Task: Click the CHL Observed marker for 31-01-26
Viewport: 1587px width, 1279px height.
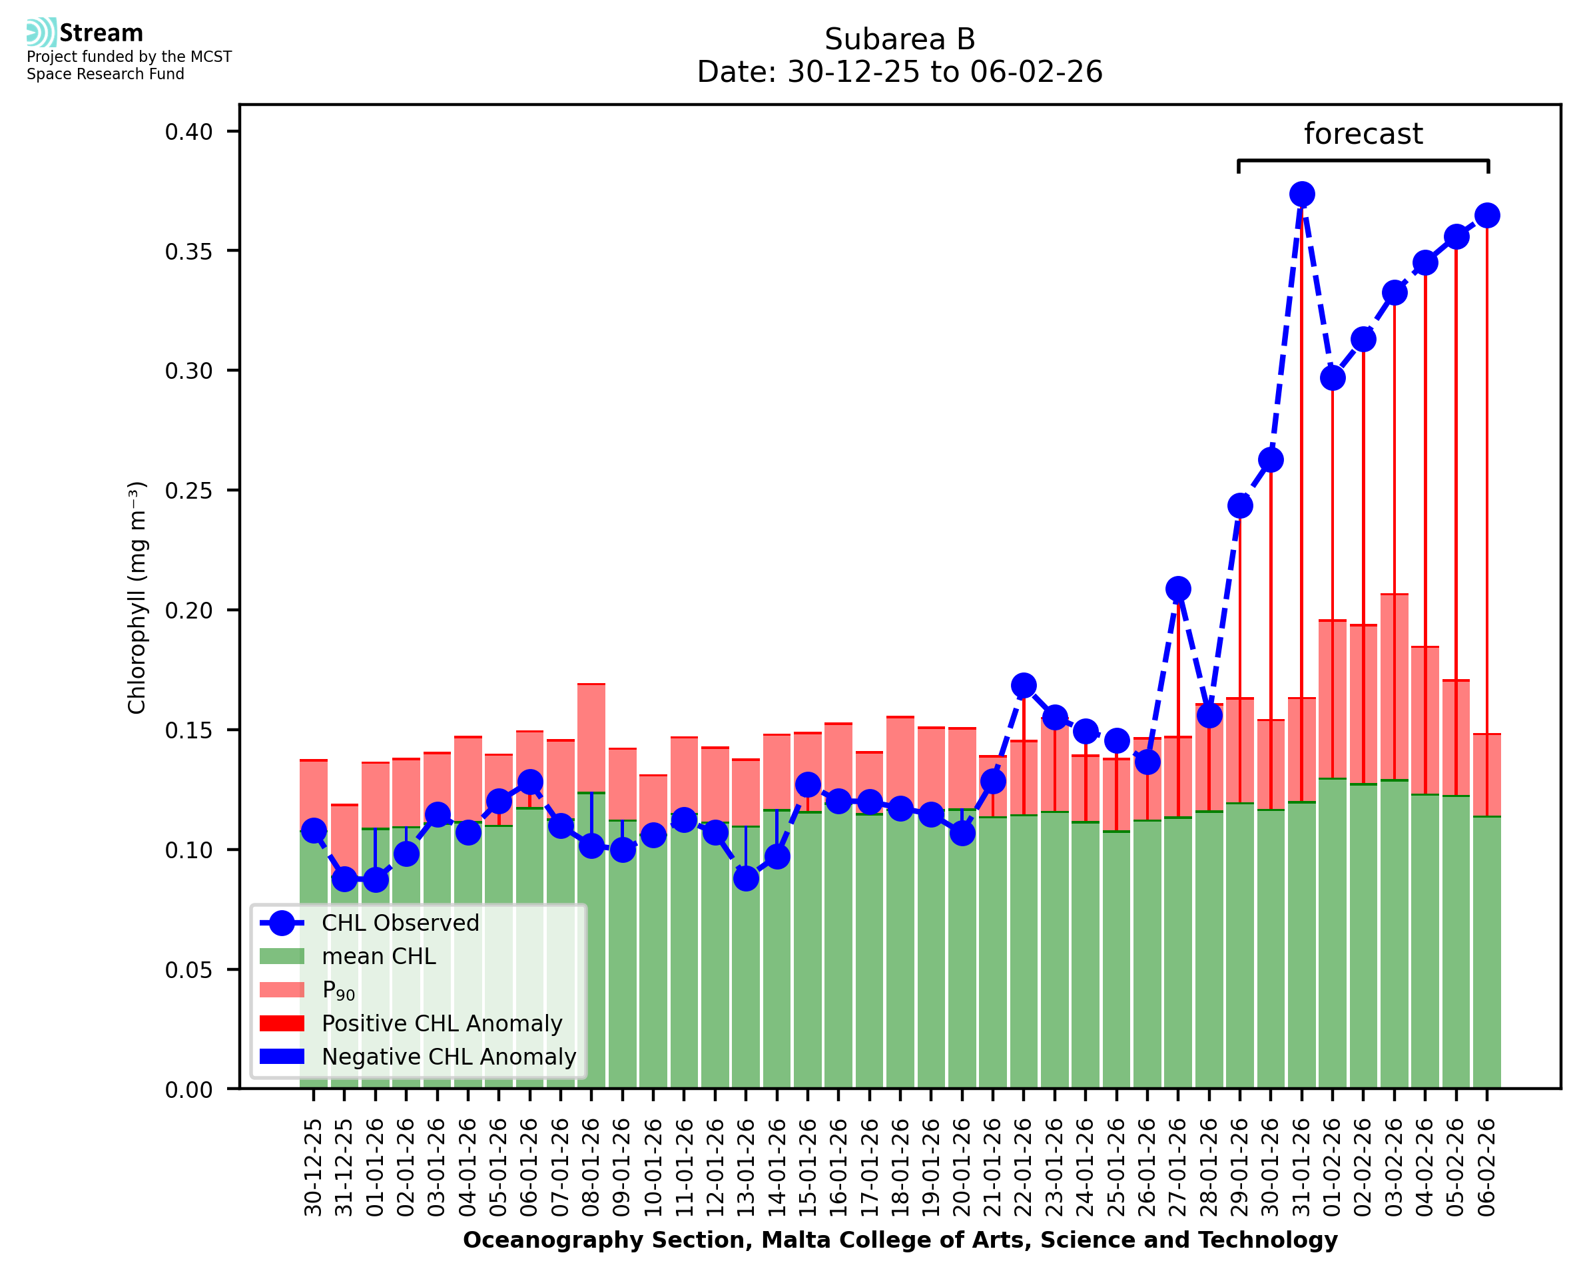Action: pos(1301,194)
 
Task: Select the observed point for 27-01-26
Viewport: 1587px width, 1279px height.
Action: pos(1177,589)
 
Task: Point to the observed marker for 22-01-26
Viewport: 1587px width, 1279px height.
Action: pos(1024,685)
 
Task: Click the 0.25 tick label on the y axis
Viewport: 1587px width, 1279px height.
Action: pos(188,491)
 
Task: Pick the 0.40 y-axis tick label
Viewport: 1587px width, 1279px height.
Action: pos(188,132)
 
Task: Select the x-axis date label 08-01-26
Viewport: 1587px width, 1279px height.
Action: pos(591,1167)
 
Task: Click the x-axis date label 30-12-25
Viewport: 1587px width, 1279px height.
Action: pos(314,1167)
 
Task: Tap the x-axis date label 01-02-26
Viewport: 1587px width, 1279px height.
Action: pos(1332,1167)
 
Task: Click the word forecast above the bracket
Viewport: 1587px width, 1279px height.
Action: pos(1363,134)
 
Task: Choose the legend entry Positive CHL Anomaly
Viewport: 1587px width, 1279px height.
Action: pos(442,1023)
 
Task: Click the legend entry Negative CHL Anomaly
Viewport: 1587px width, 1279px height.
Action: pos(448,1057)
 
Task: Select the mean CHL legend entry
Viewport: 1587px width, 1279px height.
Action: pos(379,956)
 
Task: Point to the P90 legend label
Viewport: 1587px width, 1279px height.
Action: pos(338,990)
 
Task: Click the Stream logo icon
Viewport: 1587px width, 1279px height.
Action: pos(41,33)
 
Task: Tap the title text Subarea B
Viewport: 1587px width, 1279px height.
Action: pos(900,39)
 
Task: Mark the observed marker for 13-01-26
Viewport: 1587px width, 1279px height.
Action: pos(746,878)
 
